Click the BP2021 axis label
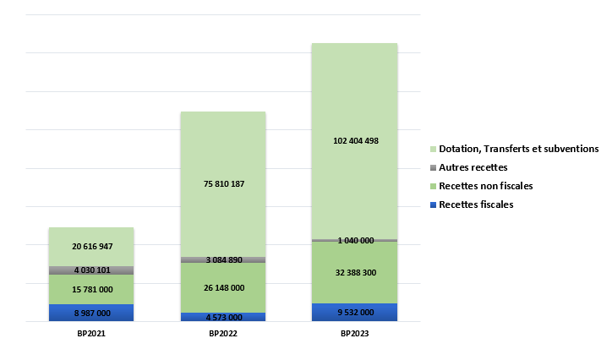pos(90,335)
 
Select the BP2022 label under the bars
pos(223,335)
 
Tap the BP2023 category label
pos(355,335)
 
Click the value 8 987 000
pos(90,314)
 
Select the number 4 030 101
pos(90,270)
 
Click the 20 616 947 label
pos(90,247)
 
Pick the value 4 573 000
pos(223,318)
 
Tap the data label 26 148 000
pos(223,288)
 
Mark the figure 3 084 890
pos(223,260)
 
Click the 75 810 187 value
pos(223,184)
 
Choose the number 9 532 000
pos(355,313)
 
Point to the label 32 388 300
pos(355,273)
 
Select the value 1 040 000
pos(355,241)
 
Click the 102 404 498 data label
pos(355,141)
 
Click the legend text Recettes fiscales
pos(475,205)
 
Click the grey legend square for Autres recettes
pos(432,167)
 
